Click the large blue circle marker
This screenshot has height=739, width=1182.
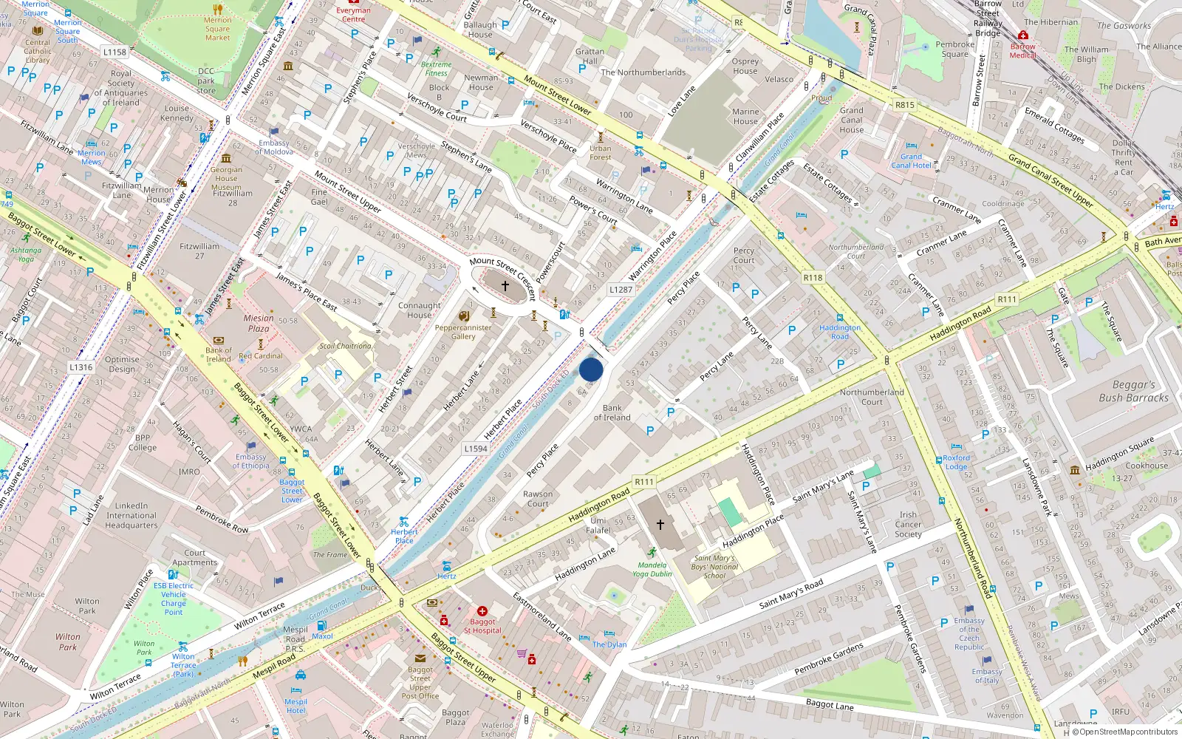point(591,369)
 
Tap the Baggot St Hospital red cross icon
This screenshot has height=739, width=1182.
point(482,611)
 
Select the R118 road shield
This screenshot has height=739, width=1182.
point(813,278)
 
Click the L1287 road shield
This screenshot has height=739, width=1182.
point(621,290)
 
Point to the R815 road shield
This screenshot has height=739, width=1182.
point(905,105)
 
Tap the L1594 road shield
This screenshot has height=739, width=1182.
point(476,449)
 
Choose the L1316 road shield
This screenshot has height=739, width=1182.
point(81,367)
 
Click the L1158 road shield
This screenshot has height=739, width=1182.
point(115,52)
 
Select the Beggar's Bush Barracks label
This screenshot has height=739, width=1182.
point(1133,391)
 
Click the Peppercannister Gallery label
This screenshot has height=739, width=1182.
point(463,332)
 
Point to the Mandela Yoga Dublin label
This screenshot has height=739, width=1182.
point(652,569)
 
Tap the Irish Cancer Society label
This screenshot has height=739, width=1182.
point(908,525)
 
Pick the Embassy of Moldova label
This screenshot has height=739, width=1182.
point(274,147)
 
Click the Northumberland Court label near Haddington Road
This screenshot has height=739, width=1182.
point(872,397)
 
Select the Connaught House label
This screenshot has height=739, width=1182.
point(420,310)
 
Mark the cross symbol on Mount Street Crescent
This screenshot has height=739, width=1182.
point(505,285)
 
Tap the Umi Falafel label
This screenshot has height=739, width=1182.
point(598,525)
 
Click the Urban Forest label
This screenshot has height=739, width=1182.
point(601,152)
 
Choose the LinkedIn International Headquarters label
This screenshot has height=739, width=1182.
point(131,516)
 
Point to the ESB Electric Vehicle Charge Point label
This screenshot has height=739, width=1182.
point(174,599)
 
